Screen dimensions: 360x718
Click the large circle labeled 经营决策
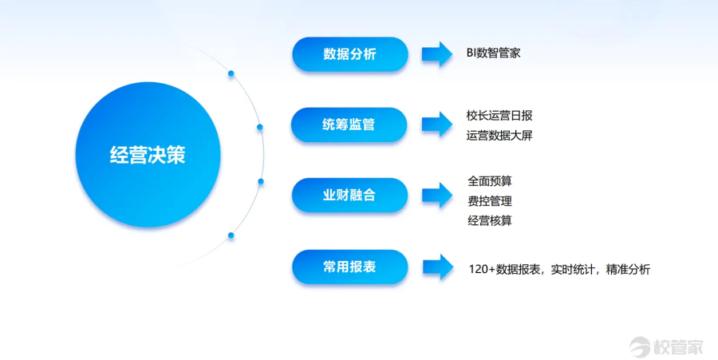pyautogui.click(x=147, y=155)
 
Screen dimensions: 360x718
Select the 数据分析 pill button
pyautogui.click(x=349, y=54)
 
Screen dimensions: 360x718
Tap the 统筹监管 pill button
pyautogui.click(x=349, y=125)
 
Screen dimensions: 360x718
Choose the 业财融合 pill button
pyautogui.click(x=349, y=195)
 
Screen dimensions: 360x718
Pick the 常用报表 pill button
pyautogui.click(x=349, y=267)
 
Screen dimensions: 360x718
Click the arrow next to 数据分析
pyautogui.click(x=437, y=54)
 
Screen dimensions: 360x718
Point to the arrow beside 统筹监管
pyautogui.click(x=437, y=125)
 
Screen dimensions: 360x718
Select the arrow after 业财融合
pyautogui.click(x=437, y=195)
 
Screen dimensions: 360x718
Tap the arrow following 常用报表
pyautogui.click(x=437, y=267)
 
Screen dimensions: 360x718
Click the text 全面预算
pyautogui.click(x=489, y=180)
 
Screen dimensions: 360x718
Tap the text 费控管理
pyautogui.click(x=489, y=200)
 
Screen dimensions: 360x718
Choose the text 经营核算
pyautogui.click(x=489, y=220)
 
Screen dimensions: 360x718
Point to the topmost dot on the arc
pyautogui.click(x=231, y=73)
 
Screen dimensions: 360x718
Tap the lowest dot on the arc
pyautogui.click(x=231, y=235)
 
